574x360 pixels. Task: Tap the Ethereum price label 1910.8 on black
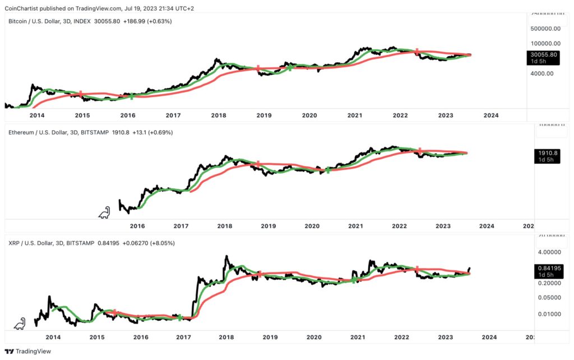point(545,153)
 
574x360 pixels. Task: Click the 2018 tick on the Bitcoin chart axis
point(219,115)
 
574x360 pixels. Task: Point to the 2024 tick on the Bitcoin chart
point(491,115)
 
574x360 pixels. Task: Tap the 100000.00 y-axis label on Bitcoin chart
point(546,43)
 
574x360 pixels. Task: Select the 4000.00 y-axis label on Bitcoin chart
point(543,73)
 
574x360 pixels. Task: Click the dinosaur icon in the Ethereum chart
point(104,213)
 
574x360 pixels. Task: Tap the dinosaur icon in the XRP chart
point(20,324)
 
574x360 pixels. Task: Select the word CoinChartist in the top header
point(27,8)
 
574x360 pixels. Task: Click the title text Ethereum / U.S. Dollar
point(42,132)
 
